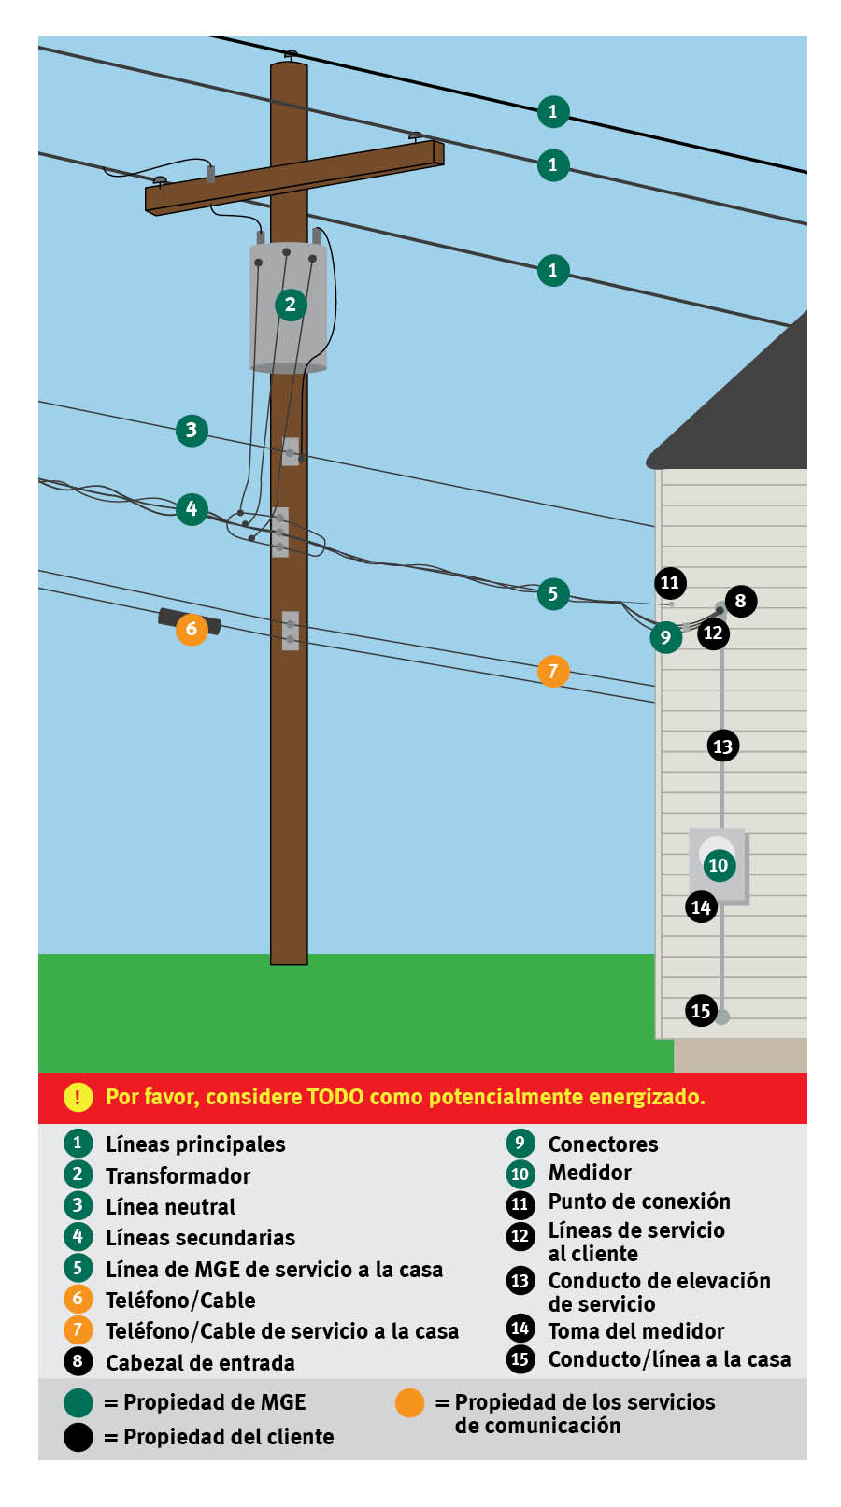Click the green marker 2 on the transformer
(291, 305)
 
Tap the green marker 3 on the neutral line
(192, 430)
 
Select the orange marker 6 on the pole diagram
(192, 629)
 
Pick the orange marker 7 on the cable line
(553, 671)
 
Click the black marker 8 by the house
(740, 601)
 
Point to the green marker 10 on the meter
(718, 865)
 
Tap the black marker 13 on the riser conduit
(722, 746)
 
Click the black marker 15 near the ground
(701, 1010)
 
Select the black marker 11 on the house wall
(670, 583)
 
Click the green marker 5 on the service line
(553, 594)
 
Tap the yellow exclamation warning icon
(78, 1097)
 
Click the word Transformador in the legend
(178, 1175)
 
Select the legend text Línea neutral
(170, 1207)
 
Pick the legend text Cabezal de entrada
(200, 1363)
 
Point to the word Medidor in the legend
(590, 1173)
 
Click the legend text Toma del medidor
(635, 1331)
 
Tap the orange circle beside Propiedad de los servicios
(409, 1402)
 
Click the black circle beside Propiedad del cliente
(78, 1437)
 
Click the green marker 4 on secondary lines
(192, 509)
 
